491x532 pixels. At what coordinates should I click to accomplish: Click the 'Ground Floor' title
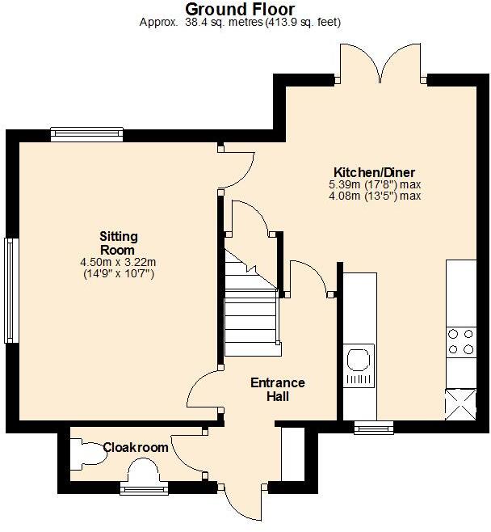click(x=240, y=9)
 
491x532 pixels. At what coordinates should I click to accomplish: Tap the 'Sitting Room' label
click(x=118, y=243)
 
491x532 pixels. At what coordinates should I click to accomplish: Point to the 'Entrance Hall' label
click(x=277, y=390)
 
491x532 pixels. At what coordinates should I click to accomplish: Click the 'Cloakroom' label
click(x=136, y=447)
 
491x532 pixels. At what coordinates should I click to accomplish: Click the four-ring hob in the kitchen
click(x=460, y=340)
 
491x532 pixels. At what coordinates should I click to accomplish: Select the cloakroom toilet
click(x=87, y=454)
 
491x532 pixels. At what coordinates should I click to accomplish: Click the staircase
click(x=252, y=311)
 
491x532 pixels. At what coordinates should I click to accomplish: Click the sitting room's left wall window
click(x=10, y=290)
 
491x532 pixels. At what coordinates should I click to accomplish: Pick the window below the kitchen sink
click(x=373, y=426)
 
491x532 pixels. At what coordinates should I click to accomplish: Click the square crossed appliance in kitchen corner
click(x=460, y=403)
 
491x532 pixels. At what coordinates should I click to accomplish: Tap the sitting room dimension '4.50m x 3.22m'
click(x=118, y=262)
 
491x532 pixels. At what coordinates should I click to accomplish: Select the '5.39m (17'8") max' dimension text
click(x=375, y=184)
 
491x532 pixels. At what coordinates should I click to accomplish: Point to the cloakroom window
click(x=144, y=488)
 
